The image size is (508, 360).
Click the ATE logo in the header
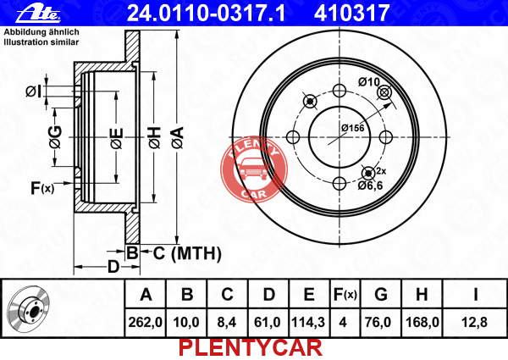pyautogui.click(x=38, y=14)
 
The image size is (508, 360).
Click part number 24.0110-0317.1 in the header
pyautogui.click(x=207, y=13)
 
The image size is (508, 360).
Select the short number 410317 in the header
pyautogui.click(x=351, y=13)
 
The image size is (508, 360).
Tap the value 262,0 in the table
pyautogui.click(x=145, y=323)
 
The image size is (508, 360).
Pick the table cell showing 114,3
pyautogui.click(x=308, y=323)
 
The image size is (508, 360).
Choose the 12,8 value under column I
pyautogui.click(x=474, y=323)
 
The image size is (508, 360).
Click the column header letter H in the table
pyautogui.click(x=422, y=295)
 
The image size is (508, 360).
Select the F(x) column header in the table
pyautogui.click(x=345, y=295)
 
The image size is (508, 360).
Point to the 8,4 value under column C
pyautogui.click(x=227, y=323)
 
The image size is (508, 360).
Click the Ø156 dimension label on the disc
pyautogui.click(x=352, y=128)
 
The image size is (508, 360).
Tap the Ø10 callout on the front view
pyautogui.click(x=368, y=82)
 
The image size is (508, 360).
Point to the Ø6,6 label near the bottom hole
pyautogui.click(x=370, y=186)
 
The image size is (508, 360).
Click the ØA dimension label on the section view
pyautogui.click(x=178, y=138)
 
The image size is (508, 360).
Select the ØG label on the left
pyautogui.click(x=56, y=137)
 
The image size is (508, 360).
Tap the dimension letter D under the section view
pyautogui.click(x=113, y=267)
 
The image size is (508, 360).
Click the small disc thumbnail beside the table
pyautogui.click(x=29, y=309)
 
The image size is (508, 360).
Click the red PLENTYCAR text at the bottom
pyautogui.click(x=251, y=348)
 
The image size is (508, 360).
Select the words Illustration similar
pyautogui.click(x=41, y=42)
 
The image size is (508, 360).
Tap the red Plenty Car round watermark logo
pyautogui.click(x=254, y=169)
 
